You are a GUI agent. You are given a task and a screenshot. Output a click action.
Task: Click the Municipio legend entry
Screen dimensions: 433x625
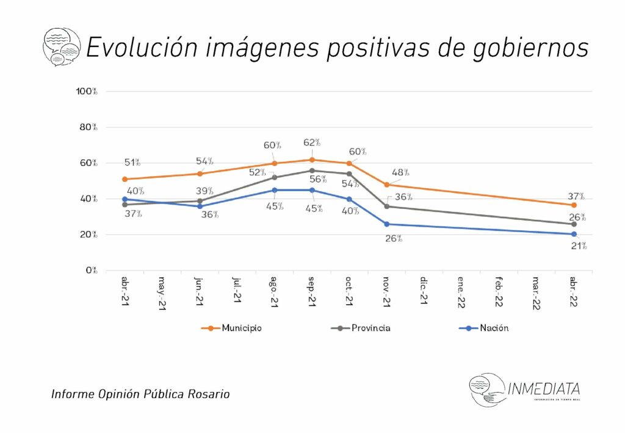[231, 328]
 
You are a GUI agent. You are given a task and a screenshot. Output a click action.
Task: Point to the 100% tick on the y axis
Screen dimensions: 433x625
[86, 92]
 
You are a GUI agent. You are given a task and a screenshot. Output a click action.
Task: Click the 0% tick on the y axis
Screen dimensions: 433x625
[90, 271]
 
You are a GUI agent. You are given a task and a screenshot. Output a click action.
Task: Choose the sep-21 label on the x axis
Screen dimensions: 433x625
[312, 292]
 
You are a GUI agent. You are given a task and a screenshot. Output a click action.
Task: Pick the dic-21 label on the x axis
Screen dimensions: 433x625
[425, 291]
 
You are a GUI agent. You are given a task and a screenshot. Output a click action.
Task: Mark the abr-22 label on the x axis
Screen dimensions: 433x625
[574, 292]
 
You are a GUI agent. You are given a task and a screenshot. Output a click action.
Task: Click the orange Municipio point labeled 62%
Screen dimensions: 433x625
[312, 160]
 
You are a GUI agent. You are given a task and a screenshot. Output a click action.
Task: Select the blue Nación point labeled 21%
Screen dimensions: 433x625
[574, 234]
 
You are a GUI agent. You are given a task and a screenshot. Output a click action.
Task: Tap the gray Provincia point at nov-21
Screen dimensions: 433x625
[387, 206]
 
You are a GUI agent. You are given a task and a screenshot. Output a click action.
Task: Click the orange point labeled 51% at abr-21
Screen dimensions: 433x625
[125, 180]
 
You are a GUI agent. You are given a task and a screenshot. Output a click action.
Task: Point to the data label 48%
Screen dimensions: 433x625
[400, 173]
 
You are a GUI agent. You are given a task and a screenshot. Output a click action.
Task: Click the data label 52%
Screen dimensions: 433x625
[258, 173]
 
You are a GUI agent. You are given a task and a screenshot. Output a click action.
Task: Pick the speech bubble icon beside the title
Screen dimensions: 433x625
[61, 46]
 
